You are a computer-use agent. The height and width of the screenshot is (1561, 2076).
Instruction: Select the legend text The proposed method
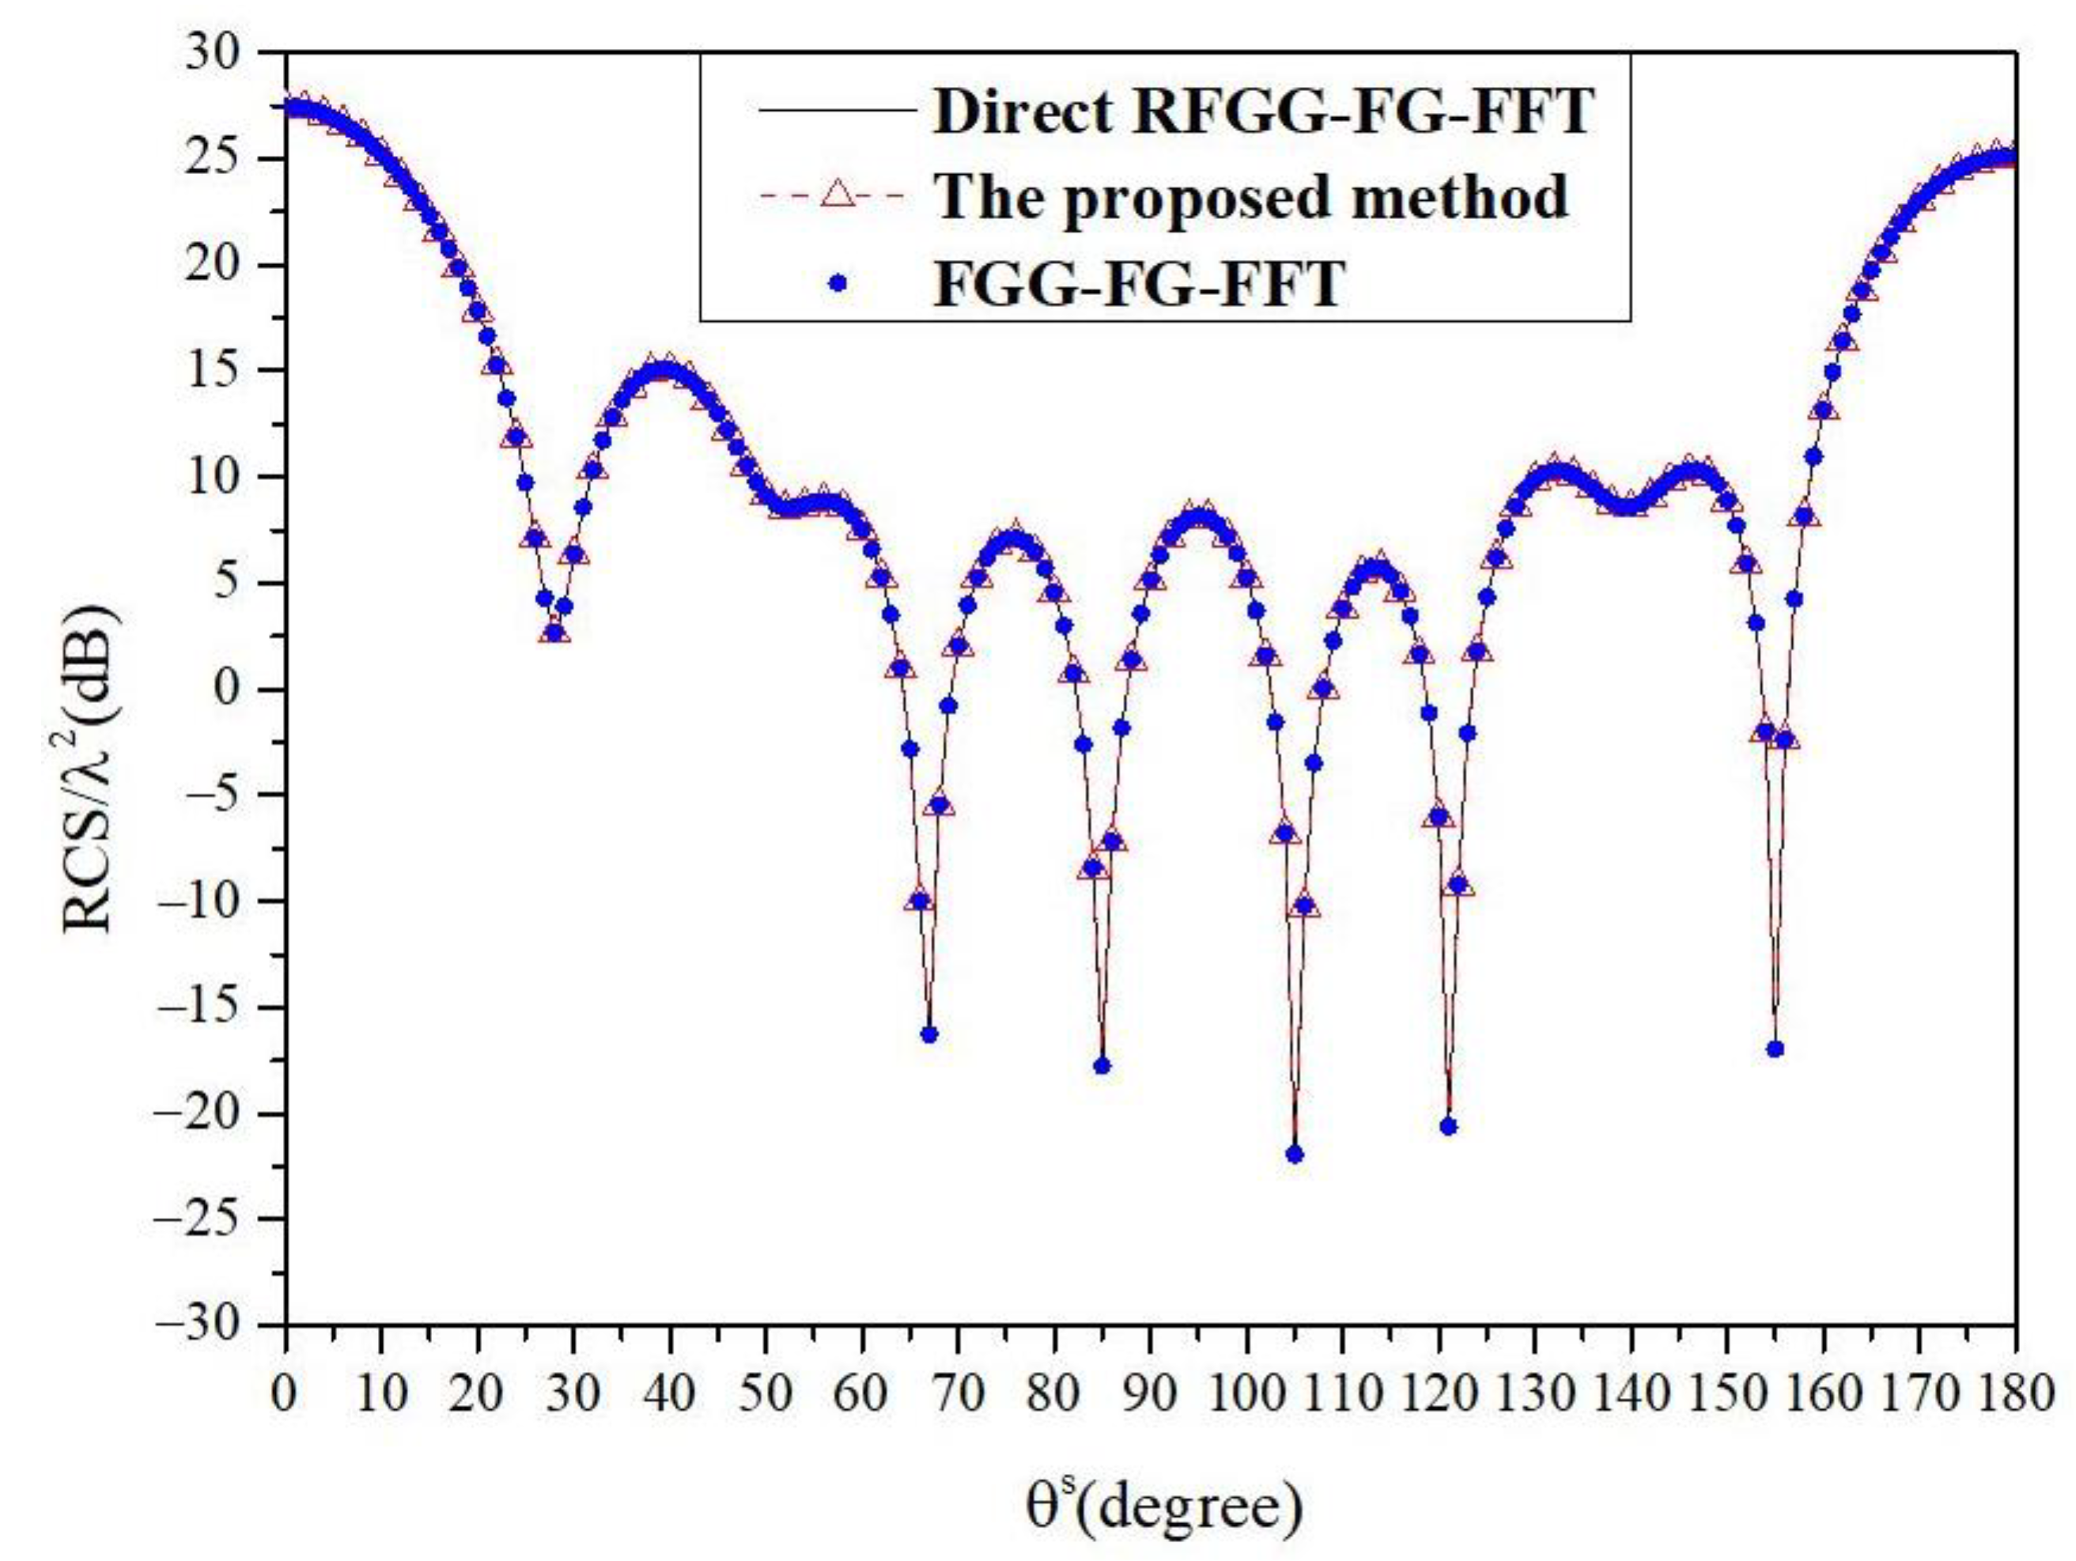(x=1252, y=197)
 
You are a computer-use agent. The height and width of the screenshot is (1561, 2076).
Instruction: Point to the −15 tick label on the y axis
(x=212, y=1008)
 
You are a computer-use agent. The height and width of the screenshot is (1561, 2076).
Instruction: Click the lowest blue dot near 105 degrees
(x=1294, y=1155)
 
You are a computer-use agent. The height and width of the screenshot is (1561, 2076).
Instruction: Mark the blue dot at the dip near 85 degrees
(x=1102, y=1065)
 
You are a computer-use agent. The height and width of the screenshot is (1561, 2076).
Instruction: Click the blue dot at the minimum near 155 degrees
(x=1775, y=1049)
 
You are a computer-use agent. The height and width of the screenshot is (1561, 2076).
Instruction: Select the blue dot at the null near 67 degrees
(x=929, y=1034)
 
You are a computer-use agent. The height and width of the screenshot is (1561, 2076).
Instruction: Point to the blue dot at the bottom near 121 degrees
(x=1448, y=1126)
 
